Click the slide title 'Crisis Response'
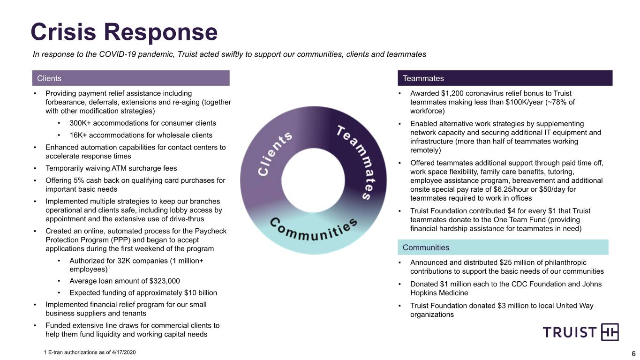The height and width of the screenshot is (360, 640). point(124,32)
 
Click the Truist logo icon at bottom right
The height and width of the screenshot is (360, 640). point(610,332)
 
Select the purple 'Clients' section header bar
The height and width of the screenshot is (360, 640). point(131,78)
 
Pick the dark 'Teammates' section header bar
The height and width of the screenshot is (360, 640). point(505,78)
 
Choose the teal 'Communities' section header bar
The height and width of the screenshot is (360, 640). point(503,247)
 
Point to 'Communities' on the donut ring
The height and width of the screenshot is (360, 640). point(313,231)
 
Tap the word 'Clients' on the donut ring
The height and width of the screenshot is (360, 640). point(274,154)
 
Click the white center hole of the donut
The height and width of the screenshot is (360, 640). point(313,180)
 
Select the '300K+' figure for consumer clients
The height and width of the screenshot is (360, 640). point(80,123)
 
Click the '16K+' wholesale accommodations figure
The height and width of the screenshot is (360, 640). point(78,135)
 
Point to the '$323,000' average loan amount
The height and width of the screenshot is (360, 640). point(165,281)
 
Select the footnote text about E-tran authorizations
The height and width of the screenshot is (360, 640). point(90,352)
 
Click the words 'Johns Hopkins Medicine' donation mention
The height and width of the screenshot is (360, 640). point(506,289)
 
